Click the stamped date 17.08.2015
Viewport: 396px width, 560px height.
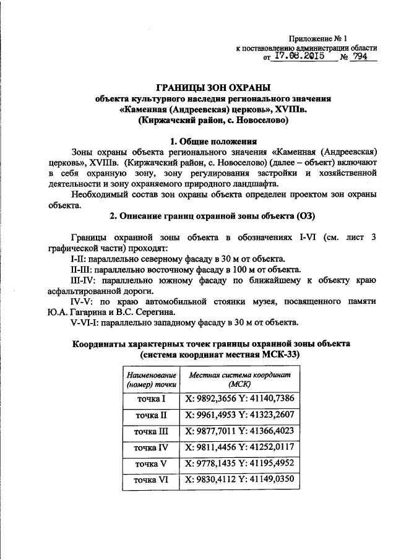[300, 56]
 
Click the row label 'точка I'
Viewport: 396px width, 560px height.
[151, 400]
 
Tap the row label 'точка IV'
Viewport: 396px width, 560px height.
[151, 446]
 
